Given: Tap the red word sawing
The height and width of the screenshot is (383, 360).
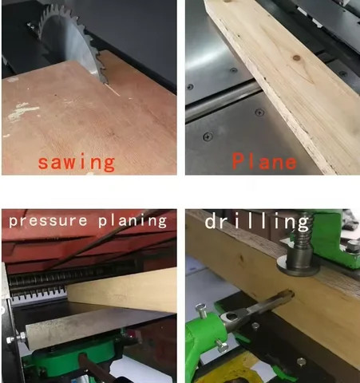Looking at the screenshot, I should click(77, 162).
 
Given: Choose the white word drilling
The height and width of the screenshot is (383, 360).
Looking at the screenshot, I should click(256, 221).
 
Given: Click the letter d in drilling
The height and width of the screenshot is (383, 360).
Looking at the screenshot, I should click(212, 221).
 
